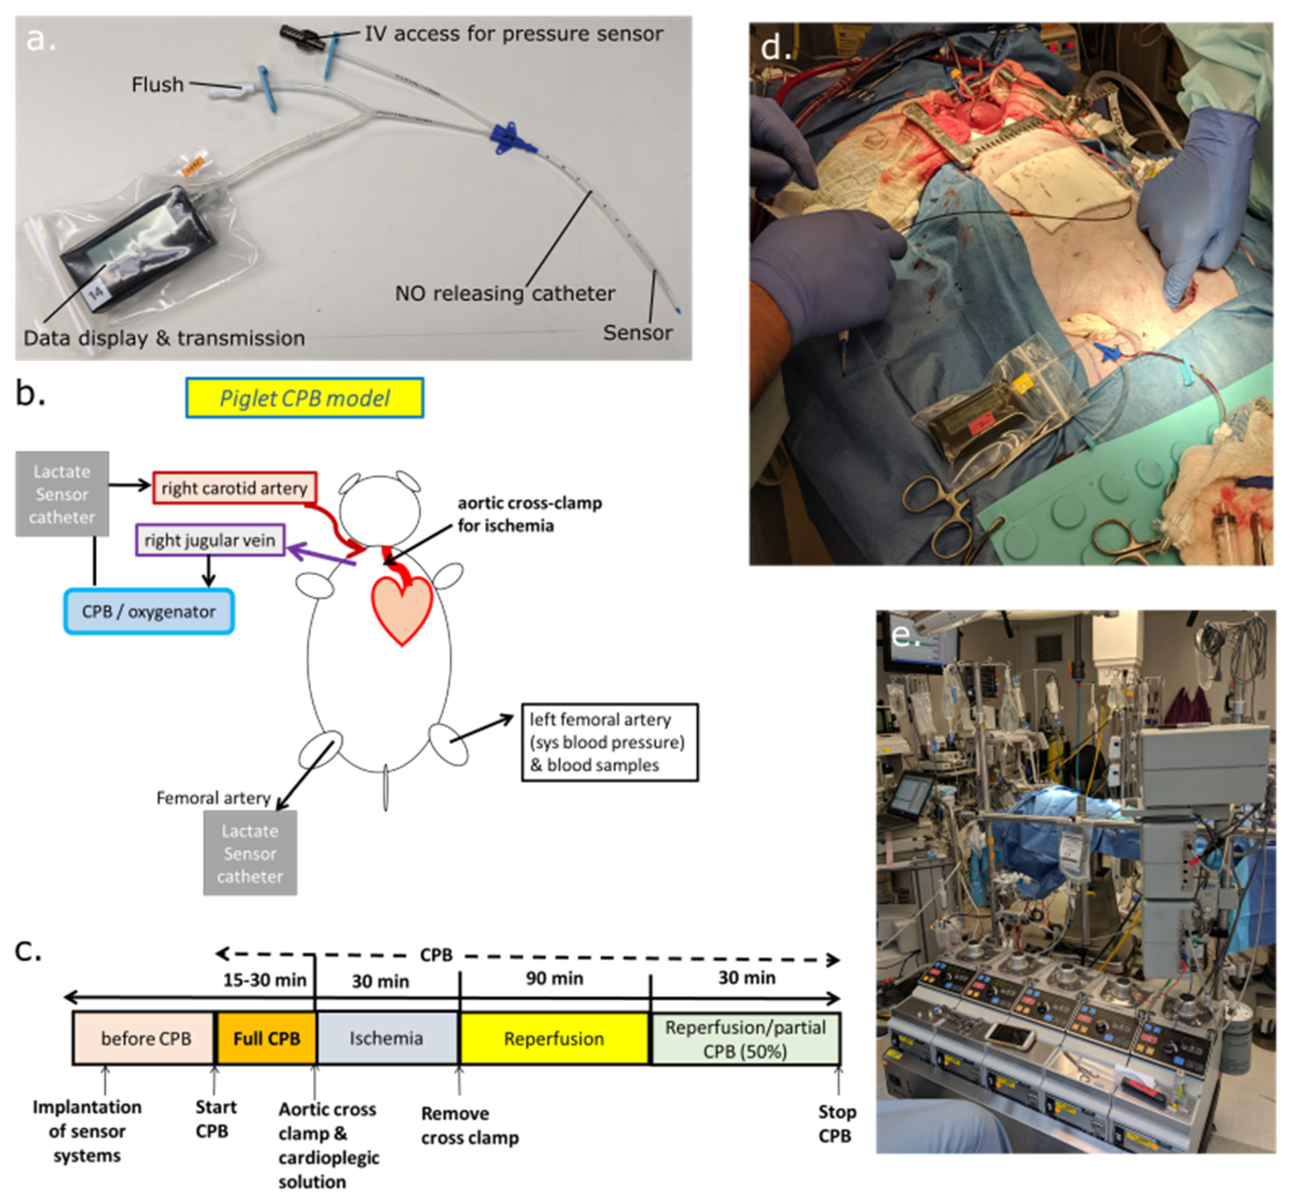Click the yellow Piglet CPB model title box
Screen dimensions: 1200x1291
[305, 398]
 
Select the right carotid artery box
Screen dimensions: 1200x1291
[235, 488]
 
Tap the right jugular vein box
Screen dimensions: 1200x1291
[210, 540]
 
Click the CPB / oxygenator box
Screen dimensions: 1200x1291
[149, 611]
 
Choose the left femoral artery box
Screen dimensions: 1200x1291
[609, 742]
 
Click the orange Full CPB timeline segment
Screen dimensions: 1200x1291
[266, 1038]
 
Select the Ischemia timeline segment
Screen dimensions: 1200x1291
[386, 1038]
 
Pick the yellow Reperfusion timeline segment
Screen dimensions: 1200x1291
[554, 1038]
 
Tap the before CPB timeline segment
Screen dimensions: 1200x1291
[145, 1038]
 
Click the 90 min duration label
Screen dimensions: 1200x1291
[554, 978]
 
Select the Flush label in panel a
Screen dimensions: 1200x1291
[157, 84]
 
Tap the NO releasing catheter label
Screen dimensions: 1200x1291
[505, 293]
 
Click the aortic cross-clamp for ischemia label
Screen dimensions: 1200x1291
[529, 514]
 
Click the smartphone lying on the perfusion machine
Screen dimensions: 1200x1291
[1009, 1036]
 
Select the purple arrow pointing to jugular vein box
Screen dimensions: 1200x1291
[322, 557]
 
